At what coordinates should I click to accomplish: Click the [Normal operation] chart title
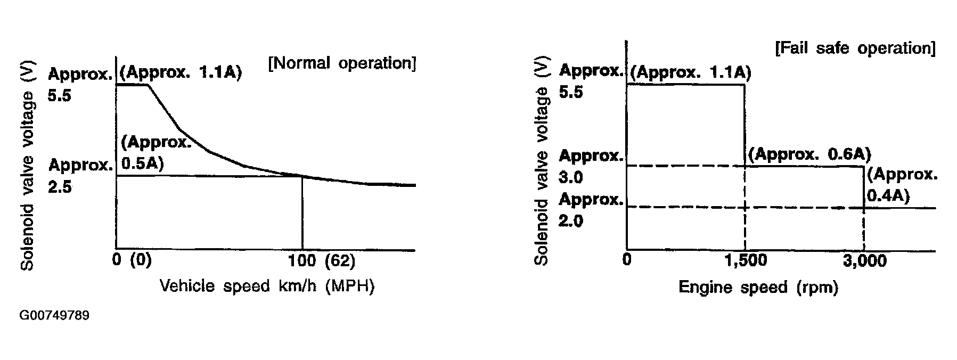(x=342, y=63)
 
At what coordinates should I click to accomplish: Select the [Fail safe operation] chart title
(x=855, y=48)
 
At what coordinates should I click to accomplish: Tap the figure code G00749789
(x=54, y=316)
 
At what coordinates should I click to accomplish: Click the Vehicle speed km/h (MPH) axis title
(x=267, y=286)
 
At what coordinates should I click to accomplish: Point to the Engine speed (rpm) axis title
(x=758, y=288)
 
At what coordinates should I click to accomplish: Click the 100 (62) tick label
(x=321, y=261)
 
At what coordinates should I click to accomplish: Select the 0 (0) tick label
(x=132, y=261)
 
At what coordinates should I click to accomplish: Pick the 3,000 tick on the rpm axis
(x=864, y=260)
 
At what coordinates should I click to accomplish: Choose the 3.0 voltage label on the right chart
(x=570, y=177)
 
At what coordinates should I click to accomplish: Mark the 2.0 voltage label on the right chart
(x=570, y=220)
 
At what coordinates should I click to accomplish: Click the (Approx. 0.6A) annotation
(x=809, y=154)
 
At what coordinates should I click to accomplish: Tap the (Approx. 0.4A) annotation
(x=901, y=185)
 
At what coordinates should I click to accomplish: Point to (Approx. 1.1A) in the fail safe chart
(x=690, y=72)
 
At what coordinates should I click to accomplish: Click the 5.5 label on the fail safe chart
(x=570, y=92)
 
